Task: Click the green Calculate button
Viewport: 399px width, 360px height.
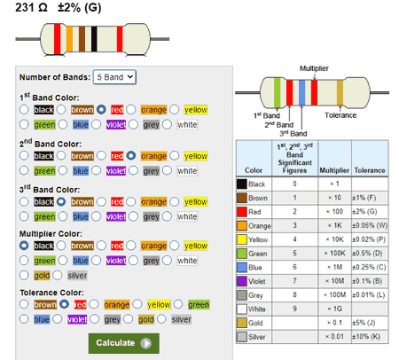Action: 123,343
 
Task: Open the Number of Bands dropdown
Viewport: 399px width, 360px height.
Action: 114,77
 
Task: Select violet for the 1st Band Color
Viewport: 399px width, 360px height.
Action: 96,124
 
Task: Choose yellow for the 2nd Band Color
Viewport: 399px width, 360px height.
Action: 174,155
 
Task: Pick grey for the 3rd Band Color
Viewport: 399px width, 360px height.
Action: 133,216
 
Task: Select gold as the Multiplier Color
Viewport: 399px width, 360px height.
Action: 24,275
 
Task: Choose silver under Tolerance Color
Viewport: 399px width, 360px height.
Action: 161,319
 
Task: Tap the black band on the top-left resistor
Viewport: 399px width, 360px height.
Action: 94,39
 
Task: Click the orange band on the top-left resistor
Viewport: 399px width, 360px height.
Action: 69,39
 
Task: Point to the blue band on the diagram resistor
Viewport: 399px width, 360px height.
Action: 301,92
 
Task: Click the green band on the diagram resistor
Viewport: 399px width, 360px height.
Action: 278,92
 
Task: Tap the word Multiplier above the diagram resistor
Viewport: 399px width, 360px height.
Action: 314,68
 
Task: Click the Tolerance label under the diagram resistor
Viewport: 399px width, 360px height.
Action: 340,115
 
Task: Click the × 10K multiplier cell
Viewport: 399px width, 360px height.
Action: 335,239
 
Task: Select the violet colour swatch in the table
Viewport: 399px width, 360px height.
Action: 242,281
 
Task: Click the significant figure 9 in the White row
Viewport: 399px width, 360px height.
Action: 294,309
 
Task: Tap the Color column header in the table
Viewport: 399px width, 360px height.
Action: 254,170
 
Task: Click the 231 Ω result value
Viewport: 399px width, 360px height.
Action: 31,7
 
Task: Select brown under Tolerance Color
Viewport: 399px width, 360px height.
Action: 24,304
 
